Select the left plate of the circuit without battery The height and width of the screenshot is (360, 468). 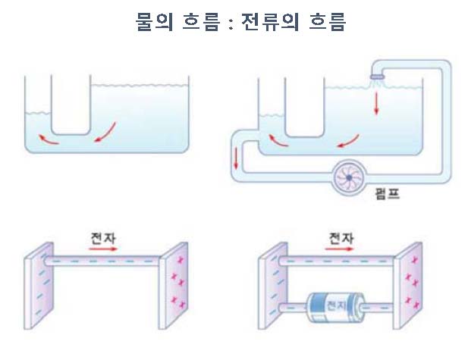pos(37,284)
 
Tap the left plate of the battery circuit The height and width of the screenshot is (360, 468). pos(271,284)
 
